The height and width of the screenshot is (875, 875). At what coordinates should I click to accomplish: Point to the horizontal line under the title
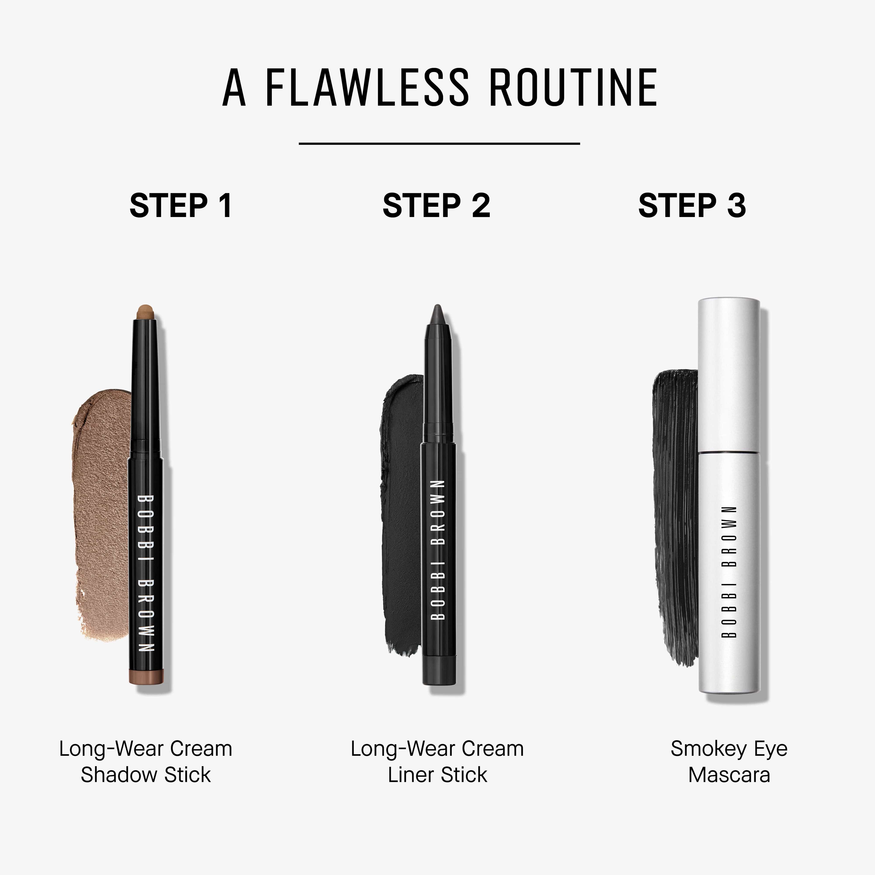(439, 143)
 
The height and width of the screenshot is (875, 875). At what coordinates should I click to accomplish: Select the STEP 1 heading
(181, 206)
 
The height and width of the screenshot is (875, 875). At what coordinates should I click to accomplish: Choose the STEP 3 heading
(692, 206)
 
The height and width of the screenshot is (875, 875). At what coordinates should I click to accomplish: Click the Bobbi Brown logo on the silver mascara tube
(729, 572)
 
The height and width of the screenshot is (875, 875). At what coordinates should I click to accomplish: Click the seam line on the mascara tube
(729, 452)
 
